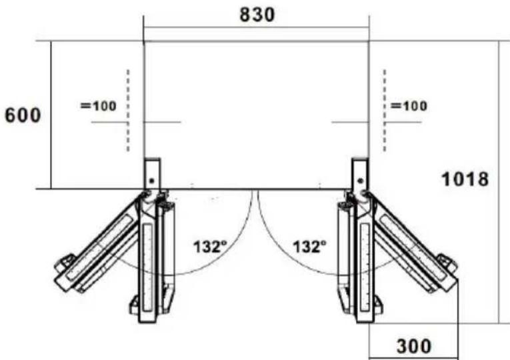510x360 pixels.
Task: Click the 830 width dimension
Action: (x=257, y=15)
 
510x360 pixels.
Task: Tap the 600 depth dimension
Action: (x=23, y=115)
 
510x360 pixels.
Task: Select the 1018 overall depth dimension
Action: (x=465, y=179)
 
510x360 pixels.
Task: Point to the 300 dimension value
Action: (x=414, y=347)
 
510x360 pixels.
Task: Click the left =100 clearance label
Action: (x=98, y=106)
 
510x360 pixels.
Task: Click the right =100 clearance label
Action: (x=409, y=106)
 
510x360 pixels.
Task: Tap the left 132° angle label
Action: (x=210, y=247)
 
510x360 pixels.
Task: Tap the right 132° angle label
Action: (x=309, y=247)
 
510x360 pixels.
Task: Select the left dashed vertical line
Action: (x=128, y=111)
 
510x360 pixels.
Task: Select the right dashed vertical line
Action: (x=385, y=111)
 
